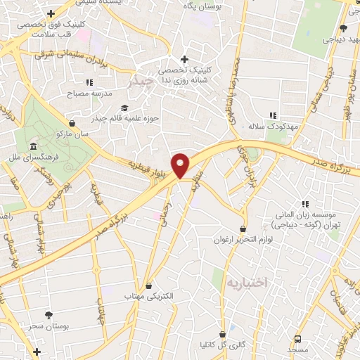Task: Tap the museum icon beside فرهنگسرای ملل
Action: tap(34, 146)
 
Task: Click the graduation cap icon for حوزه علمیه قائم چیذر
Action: tap(124, 108)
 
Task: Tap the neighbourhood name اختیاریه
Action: tap(247, 282)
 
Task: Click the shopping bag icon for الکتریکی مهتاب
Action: tap(148, 286)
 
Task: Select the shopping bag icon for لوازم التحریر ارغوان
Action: tap(243, 229)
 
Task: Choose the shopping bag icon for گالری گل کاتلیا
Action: tap(222, 334)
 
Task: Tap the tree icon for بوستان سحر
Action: tap(48, 315)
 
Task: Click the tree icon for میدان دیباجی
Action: tap(343, 28)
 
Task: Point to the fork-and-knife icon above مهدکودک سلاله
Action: tap(273, 115)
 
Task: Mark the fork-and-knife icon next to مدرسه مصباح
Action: tap(89, 82)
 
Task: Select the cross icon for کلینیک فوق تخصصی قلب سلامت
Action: tap(51, 13)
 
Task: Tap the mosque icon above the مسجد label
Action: tap(297, 339)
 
